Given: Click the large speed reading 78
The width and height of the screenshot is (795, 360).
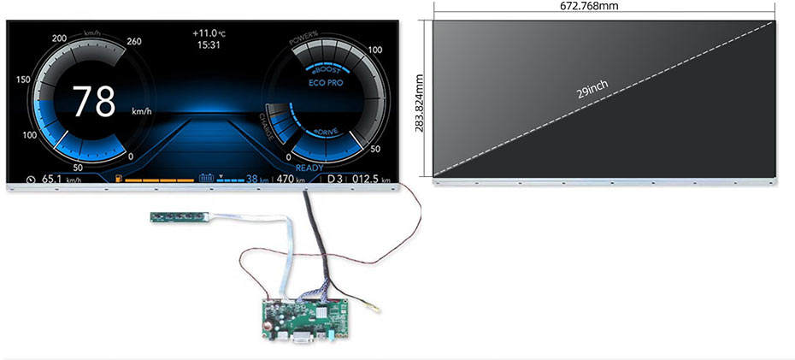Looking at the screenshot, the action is [93, 102].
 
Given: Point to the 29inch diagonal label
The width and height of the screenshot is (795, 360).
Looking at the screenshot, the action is [592, 88].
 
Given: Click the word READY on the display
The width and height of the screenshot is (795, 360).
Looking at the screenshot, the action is [309, 168].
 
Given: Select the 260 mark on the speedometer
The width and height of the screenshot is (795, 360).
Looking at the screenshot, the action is [134, 40].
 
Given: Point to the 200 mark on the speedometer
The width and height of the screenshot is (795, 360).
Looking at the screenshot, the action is [60, 39].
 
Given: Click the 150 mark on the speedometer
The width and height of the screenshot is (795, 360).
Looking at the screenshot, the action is [24, 80].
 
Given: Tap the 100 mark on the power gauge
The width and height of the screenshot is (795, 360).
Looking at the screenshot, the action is [375, 50].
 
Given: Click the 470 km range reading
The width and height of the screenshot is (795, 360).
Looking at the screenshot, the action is [291, 179].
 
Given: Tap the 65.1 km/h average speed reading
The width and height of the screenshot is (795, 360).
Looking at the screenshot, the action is [60, 179].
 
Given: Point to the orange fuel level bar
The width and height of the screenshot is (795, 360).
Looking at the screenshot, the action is [157, 180].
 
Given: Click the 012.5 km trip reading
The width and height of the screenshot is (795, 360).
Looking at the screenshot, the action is [371, 179].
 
